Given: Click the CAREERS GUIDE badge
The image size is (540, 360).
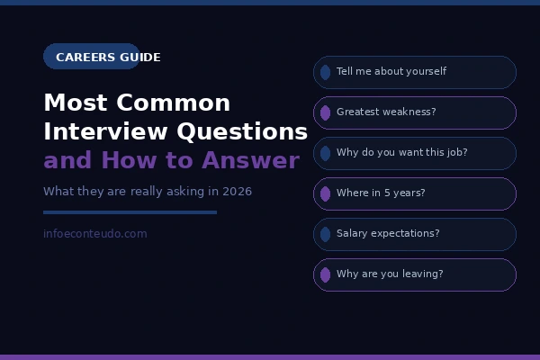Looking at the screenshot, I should pos(92,57).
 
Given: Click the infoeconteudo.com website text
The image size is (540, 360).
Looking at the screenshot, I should pos(94,234).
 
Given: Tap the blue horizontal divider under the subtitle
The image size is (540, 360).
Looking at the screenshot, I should pos(130,212).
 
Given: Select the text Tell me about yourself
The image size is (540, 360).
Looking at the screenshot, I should pos(391,72).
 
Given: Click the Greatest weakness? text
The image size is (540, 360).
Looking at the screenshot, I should pos(386,112).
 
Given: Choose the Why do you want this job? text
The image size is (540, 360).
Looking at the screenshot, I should pos(401,153).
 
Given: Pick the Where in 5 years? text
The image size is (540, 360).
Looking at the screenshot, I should pos(381,193).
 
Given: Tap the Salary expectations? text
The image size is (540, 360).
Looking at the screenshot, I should pos(388,234).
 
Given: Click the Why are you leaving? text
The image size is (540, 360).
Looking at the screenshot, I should pos(390,274).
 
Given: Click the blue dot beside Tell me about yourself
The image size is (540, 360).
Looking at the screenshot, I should pos(325,72).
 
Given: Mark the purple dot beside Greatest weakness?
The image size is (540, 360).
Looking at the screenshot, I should pos(325,112).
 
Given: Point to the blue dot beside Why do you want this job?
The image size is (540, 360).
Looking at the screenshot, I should pos(325,153).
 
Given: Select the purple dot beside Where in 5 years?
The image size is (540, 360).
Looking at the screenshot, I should pos(325,193).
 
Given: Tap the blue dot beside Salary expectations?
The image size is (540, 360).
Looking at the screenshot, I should pos(325,234).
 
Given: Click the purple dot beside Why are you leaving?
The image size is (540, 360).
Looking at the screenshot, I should pos(325,274).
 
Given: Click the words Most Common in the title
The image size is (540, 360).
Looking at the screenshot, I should pos(137,103).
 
